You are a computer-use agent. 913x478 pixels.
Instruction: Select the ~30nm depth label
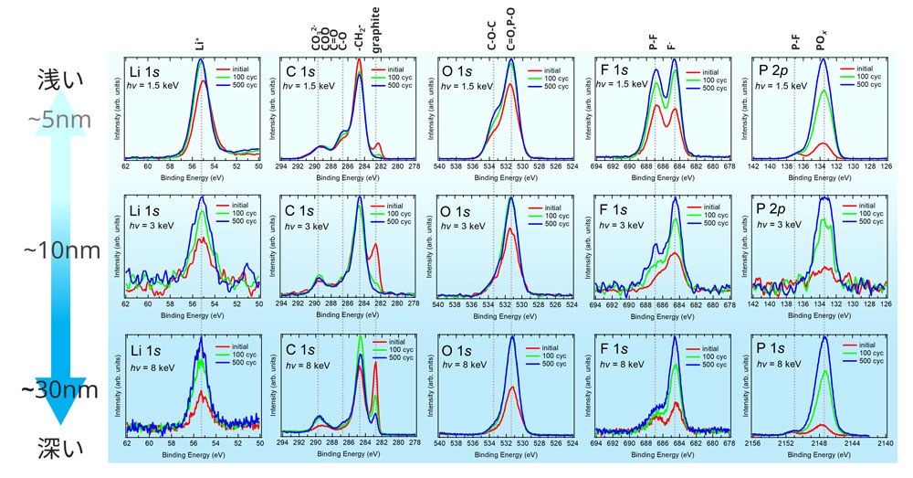pos(58,390)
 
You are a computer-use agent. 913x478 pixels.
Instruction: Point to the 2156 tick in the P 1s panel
pos(753,441)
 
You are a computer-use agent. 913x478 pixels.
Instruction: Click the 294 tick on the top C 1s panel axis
pos(282,165)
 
